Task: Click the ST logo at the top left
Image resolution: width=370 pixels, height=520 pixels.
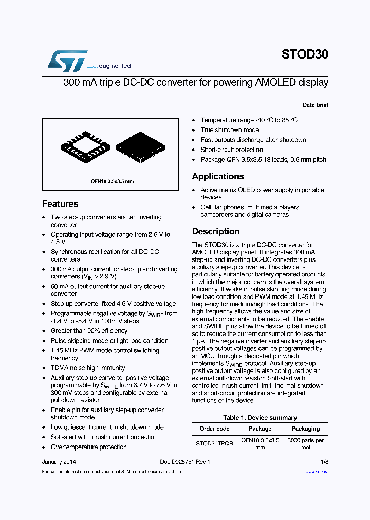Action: pyautogui.click(x=67, y=61)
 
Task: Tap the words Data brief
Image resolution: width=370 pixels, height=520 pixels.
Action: pyautogui.click(x=315, y=105)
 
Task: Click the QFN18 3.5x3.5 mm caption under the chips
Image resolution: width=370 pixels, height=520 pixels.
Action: pyautogui.click(x=112, y=181)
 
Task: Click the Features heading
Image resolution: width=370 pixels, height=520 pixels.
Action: pyautogui.click(x=60, y=204)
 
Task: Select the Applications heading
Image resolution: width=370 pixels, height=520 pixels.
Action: pyautogui.click(x=218, y=176)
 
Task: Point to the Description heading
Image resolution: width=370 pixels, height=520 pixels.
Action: pyautogui.click(x=216, y=231)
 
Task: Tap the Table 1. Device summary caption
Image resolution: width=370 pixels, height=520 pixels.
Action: pyautogui.click(x=260, y=418)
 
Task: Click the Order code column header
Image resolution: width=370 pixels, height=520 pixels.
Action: pyautogui.click(x=214, y=429)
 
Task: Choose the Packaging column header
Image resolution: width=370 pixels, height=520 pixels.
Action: pyautogui.click(x=305, y=429)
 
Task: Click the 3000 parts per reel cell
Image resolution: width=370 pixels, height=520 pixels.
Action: pyautogui.click(x=305, y=443)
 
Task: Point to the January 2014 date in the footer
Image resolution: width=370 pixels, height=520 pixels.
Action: pyautogui.click(x=59, y=462)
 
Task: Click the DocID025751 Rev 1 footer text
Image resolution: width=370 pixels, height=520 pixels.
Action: pyautogui.click(x=185, y=462)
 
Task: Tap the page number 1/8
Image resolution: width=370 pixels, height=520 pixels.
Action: pyautogui.click(x=324, y=462)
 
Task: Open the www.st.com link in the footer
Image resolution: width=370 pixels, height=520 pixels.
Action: pyautogui.click(x=317, y=471)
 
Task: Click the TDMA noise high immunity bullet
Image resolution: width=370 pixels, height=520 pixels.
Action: pyautogui.click(x=88, y=368)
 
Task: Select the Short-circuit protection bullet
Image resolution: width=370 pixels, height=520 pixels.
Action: pyautogui.click(x=231, y=150)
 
